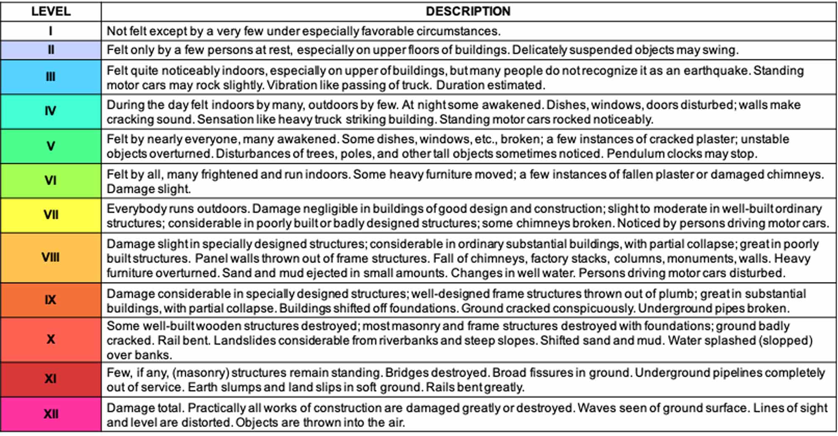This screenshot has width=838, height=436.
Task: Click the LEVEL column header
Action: pyautogui.click(x=51, y=11)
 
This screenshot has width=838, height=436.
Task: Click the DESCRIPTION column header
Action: pyautogui.click(x=468, y=11)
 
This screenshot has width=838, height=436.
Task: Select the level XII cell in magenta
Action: pyautogui.click(x=51, y=414)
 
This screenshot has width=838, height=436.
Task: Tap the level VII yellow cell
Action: pyautogui.click(x=51, y=215)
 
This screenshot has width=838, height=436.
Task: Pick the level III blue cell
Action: pyautogui.click(x=51, y=77)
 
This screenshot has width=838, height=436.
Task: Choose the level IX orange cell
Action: pyautogui.click(x=51, y=300)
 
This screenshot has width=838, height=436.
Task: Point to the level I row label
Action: pyautogui.click(x=51, y=31)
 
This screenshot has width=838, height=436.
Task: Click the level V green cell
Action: pyautogui.click(x=51, y=146)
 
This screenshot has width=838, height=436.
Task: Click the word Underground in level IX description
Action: pyautogui.click(x=669, y=308)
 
